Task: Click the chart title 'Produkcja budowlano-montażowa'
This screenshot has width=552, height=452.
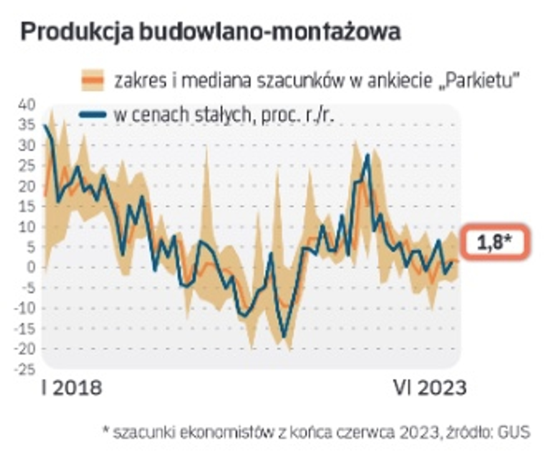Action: pos(210,31)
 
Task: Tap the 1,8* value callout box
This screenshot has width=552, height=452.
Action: pos(495,242)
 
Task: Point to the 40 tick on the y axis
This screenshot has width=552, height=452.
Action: pos(27,105)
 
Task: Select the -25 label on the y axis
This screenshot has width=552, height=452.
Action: pos(24,369)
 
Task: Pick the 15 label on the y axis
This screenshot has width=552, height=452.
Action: pos(27,206)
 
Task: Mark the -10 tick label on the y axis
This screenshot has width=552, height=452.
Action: pos(24,308)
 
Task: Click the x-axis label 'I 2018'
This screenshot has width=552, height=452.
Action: pos(72,388)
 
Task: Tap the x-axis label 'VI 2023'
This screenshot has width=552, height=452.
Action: pos(430,388)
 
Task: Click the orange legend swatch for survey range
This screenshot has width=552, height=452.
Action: pos(92,80)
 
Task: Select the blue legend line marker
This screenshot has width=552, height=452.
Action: pos(92,114)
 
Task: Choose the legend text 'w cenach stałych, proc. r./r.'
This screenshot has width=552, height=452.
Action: pos(224,115)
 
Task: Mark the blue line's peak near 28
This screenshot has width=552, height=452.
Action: pos(368,155)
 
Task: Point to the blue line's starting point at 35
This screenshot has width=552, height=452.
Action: pos(45,125)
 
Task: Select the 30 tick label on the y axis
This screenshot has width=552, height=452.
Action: pos(27,145)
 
